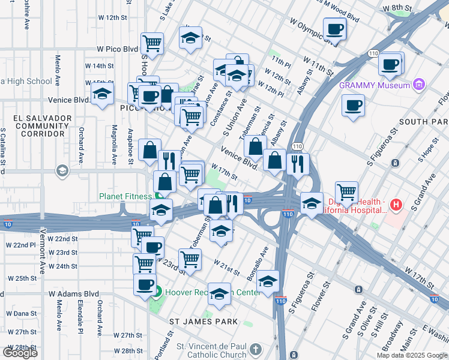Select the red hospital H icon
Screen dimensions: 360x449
coord(395,205)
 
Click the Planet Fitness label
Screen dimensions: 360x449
coord(127,195)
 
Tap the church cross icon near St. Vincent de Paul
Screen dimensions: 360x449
coord(256,349)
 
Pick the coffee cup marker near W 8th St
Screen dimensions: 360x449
coord(334,29)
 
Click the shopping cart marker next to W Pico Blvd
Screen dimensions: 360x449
coord(152,44)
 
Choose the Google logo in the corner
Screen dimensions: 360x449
coord(20,352)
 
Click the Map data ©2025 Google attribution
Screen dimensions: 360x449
coord(412,355)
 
